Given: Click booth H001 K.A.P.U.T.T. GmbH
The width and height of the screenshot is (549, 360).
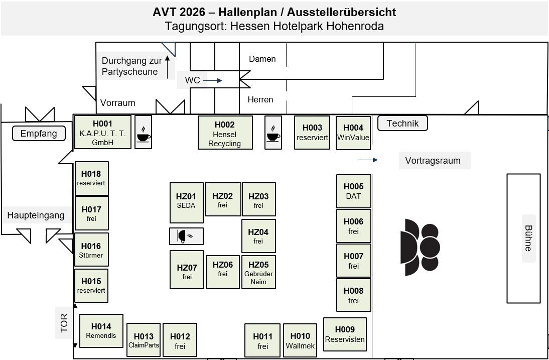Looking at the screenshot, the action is (102, 132).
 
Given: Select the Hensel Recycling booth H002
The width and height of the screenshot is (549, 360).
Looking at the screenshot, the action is (225, 133).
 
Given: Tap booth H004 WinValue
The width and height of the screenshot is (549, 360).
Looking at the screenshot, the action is (353, 133).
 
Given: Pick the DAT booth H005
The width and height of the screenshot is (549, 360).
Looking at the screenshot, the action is (354, 191).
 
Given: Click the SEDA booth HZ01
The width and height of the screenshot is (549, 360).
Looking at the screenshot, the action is (187, 203).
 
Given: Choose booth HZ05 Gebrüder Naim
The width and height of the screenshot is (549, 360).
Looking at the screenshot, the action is (258, 272).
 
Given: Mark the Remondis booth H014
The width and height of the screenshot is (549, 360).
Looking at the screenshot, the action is (101, 331).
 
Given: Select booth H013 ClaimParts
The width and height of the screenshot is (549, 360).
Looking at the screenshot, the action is (144, 340).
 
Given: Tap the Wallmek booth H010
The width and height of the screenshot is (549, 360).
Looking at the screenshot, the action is (300, 340).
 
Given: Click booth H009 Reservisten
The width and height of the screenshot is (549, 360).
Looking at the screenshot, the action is (345, 334).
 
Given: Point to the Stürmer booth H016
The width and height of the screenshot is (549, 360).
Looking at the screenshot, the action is (91, 250).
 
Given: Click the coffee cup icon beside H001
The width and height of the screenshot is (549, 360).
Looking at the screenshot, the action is (143, 132).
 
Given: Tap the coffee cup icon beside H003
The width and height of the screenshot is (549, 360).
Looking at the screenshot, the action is (273, 133).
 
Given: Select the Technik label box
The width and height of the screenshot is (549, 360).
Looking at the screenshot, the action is (402, 124).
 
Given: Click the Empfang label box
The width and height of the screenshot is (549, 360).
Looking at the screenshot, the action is (39, 134).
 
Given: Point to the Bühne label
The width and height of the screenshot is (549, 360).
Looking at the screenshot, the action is (529, 238).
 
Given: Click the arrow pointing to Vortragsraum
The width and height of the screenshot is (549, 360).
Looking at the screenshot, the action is (368, 160).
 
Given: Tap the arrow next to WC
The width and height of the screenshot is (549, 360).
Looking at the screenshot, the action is (213, 80).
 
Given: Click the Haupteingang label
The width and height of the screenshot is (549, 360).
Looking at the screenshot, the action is (36, 215).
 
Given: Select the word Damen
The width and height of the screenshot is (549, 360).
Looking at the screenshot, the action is (262, 59).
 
